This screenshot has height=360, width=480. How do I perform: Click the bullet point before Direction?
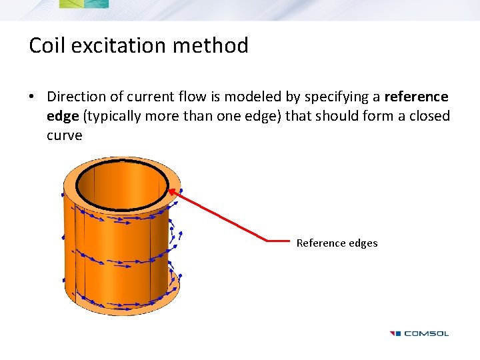pos(32,97)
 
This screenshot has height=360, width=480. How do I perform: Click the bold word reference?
pos(416,97)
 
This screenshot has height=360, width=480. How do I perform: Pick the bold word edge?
pos(63,116)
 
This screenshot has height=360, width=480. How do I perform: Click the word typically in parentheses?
pos(113,117)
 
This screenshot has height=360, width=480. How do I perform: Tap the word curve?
pos(64,135)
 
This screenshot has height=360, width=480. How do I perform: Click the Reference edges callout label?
pos(337,243)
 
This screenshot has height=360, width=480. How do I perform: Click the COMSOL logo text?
pos(427,333)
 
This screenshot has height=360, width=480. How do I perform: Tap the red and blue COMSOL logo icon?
pos(395,333)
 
